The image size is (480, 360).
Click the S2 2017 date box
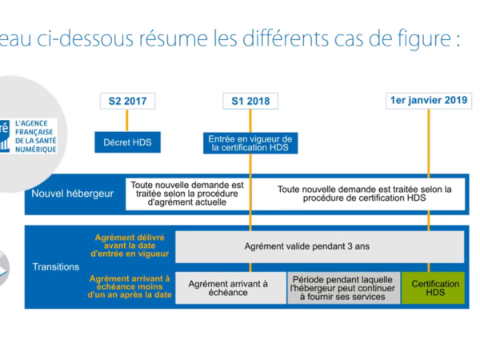[x=128, y=101]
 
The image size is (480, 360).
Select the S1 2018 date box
[x=251, y=101]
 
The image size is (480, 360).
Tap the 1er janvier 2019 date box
[x=429, y=101]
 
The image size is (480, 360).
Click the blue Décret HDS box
[x=128, y=142]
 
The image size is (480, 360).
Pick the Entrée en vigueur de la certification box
[x=251, y=142]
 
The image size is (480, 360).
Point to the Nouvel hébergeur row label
[x=72, y=194]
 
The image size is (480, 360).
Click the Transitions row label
[x=56, y=266]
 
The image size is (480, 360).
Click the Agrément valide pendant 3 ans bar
[x=320, y=246]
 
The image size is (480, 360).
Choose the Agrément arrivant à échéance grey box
[x=230, y=286]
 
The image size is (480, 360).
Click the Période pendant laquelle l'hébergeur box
[x=342, y=286]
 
